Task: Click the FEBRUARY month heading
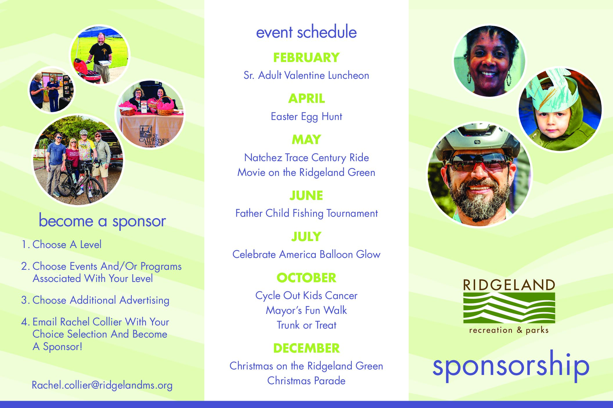[x=306, y=58]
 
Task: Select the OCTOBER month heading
[x=306, y=278]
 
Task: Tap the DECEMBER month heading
[x=306, y=348]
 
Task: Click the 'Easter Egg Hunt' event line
[x=306, y=116]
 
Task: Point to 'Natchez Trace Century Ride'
[x=306, y=158]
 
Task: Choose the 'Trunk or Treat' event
[x=306, y=325]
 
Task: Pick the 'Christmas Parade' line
[x=306, y=381]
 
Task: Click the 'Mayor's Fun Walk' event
[x=306, y=310]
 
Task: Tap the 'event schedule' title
[x=306, y=32]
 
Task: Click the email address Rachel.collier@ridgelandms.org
[x=102, y=385]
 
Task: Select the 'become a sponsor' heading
[x=102, y=221]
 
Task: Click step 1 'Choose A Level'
[x=62, y=245]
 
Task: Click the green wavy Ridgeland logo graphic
[x=509, y=308]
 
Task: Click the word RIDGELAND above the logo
[x=509, y=285]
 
